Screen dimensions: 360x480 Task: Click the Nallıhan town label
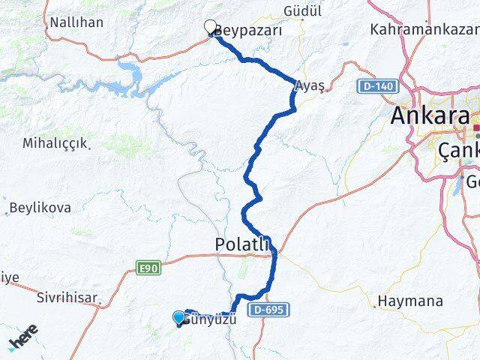[x=76, y=22]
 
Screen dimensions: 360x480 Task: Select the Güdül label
[x=303, y=11]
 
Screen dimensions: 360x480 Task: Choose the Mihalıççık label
[x=55, y=142]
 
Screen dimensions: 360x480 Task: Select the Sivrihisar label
[x=67, y=298]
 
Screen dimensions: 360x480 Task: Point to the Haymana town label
[x=412, y=301]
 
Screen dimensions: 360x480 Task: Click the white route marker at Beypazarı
[x=211, y=26]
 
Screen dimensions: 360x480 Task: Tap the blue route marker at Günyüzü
[x=178, y=317]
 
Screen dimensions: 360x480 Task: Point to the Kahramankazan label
[x=424, y=30]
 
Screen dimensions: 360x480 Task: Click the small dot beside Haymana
[x=374, y=306]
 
